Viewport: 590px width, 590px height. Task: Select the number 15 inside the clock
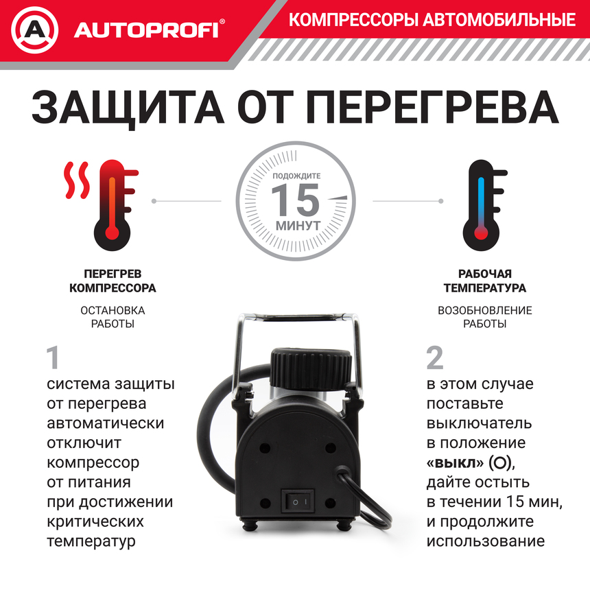[296, 200]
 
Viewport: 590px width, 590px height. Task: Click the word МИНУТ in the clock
[297, 225]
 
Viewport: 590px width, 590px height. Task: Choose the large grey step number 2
[435, 357]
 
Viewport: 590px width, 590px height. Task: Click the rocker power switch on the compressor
[296, 501]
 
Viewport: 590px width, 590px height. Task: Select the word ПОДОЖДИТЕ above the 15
[296, 176]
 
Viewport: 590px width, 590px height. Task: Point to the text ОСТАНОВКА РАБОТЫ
[113, 317]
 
